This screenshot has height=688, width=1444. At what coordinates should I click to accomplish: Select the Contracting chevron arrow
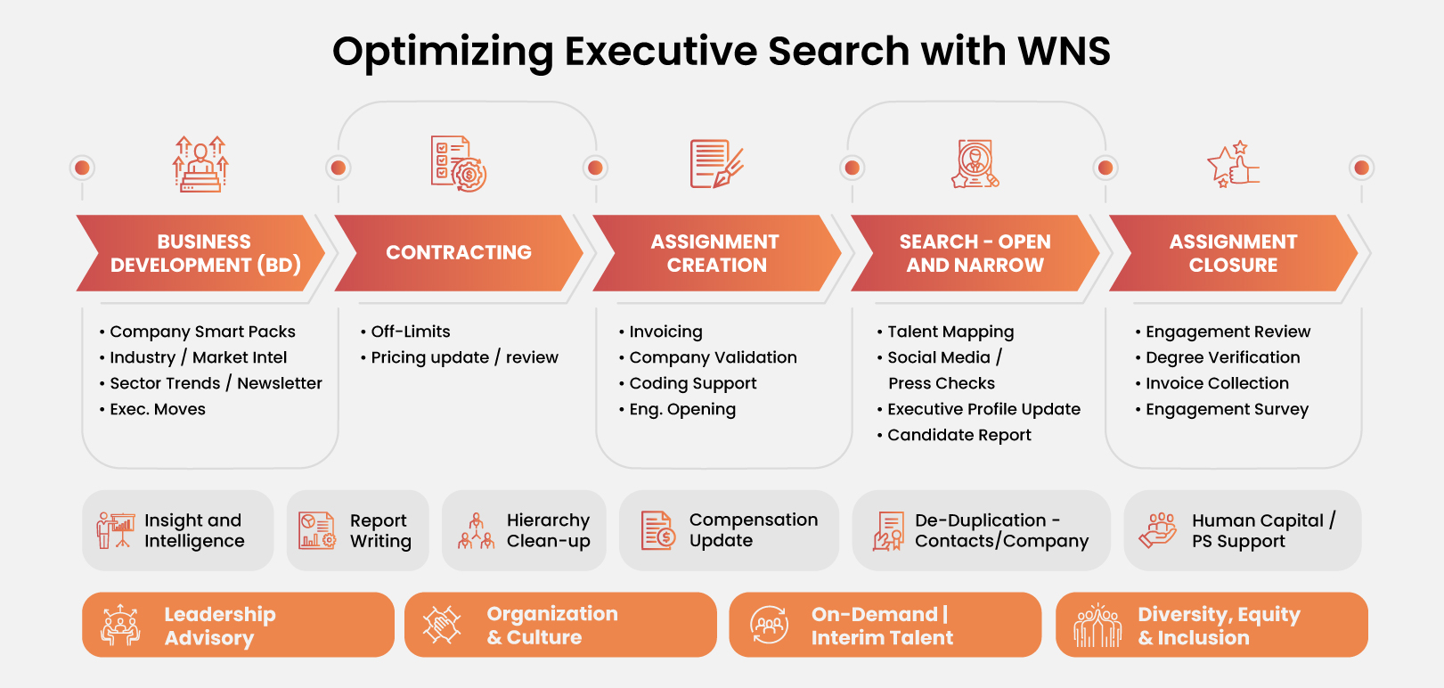(458, 253)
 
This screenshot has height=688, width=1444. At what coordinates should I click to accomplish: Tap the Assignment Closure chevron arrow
(1233, 253)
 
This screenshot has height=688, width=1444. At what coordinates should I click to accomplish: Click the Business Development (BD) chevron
(205, 253)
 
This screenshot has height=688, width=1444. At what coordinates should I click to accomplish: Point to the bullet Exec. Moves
(157, 409)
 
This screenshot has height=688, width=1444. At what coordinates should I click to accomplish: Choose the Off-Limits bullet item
(410, 332)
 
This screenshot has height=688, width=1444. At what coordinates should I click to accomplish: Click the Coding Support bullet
(692, 383)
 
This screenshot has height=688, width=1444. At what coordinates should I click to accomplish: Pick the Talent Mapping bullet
(950, 332)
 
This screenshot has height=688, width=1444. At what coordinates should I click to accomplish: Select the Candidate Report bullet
(959, 435)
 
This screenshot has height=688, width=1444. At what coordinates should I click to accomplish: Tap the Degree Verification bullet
(1222, 357)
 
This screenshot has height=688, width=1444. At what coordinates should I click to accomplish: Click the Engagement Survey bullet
(1227, 409)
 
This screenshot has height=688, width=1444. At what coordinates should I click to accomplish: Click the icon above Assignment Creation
(716, 164)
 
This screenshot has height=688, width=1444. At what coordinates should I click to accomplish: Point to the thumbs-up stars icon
(1233, 164)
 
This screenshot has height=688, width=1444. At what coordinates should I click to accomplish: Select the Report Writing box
(357, 530)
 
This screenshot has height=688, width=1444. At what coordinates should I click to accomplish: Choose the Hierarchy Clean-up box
(524, 530)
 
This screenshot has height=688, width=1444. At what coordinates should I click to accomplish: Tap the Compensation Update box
(729, 530)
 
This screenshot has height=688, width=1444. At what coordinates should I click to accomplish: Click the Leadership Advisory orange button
(238, 625)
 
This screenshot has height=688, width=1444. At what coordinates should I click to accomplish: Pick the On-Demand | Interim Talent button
(885, 625)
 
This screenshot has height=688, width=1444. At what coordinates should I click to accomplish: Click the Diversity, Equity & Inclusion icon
(1097, 625)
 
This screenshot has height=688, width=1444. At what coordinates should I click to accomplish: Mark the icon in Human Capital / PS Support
(1157, 530)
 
